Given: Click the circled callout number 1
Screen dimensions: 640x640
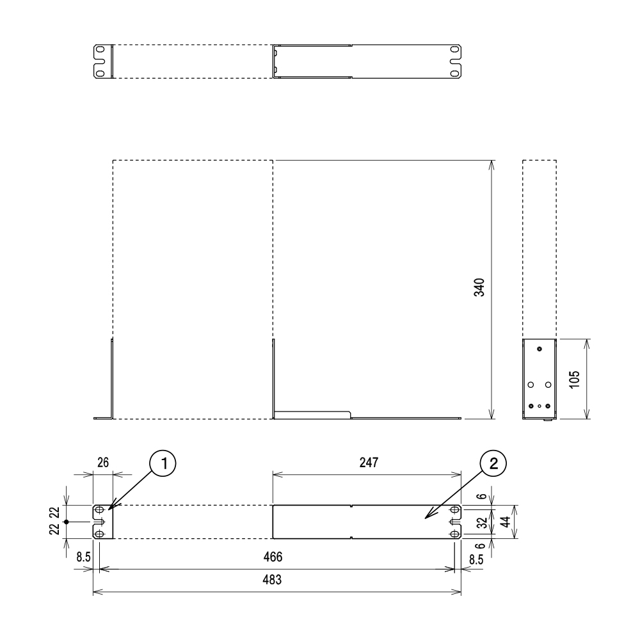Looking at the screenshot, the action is pyautogui.click(x=163, y=463).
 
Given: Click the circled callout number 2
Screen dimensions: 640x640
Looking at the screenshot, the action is pyautogui.click(x=493, y=463).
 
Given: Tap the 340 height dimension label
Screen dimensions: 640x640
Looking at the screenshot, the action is pyautogui.click(x=479, y=287).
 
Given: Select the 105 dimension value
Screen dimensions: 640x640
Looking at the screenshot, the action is pyautogui.click(x=574, y=380).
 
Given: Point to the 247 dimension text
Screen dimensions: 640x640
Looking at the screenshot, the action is pyautogui.click(x=369, y=463).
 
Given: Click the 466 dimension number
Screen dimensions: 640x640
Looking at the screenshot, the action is pyautogui.click(x=273, y=557).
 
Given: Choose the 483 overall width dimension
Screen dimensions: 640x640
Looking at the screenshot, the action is pyautogui.click(x=272, y=580).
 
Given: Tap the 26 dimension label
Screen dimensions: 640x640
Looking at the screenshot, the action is pyautogui.click(x=103, y=463).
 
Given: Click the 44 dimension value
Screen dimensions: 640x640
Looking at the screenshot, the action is pyautogui.click(x=506, y=522).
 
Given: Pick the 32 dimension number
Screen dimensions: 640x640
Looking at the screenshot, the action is pyautogui.click(x=483, y=522).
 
